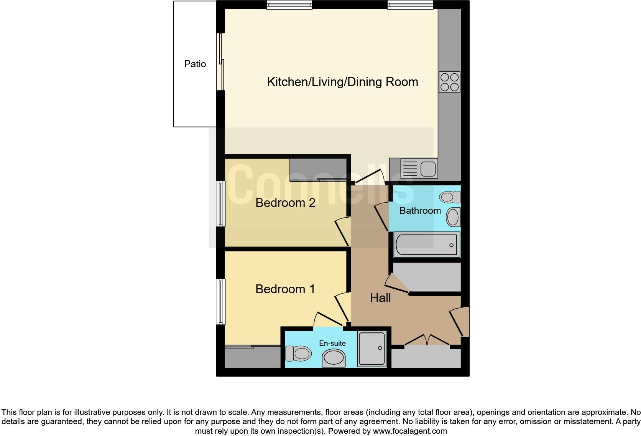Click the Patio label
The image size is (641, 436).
[x=195, y=64]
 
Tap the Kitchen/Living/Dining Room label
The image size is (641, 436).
[x=342, y=82]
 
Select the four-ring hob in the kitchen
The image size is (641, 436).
[x=450, y=82]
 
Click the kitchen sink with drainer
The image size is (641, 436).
[x=419, y=168]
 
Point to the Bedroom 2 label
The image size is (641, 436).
[x=285, y=203]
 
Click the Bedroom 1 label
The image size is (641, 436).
[x=285, y=289]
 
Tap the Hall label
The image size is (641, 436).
[x=380, y=298]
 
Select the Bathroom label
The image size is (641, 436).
[x=420, y=210]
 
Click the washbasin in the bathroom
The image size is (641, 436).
[x=453, y=217]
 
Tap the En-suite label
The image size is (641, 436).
[x=332, y=343]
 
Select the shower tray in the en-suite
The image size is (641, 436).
[x=371, y=349]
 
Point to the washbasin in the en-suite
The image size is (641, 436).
[x=334, y=358]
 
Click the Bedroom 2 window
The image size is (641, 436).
[x=220, y=203]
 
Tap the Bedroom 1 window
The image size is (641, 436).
[x=220, y=301]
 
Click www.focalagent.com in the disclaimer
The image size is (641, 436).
[x=410, y=431]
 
